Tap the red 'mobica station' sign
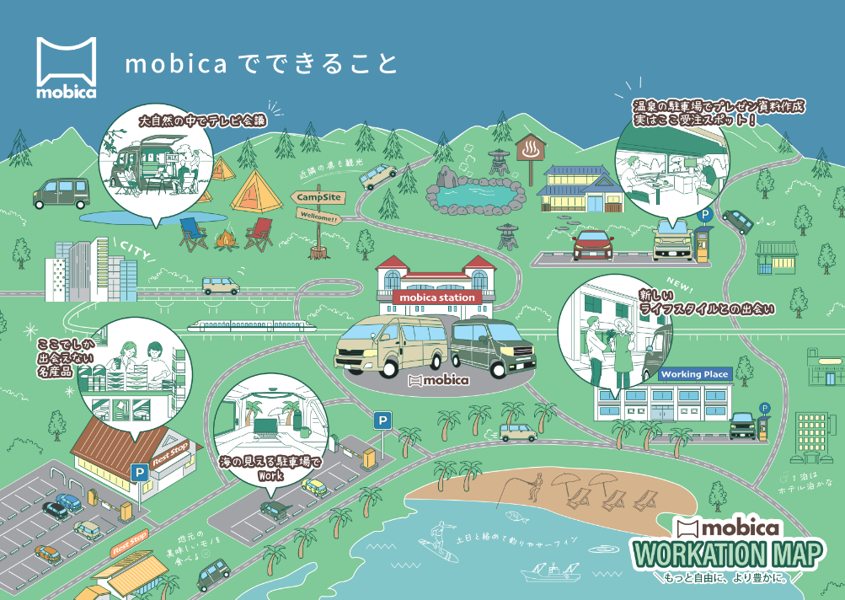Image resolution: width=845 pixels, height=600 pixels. point(436,297)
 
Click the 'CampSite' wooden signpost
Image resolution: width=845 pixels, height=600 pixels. point(318,197)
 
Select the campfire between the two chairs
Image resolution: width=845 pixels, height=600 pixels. point(224,242)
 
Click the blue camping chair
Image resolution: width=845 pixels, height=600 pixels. point(193,232)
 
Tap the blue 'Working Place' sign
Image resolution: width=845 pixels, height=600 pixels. point(694,373)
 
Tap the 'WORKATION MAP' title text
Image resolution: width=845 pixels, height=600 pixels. point(728,555)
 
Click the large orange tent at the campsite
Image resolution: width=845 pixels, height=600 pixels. point(256,191)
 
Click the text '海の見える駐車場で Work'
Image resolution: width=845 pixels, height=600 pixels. point(270,469)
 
